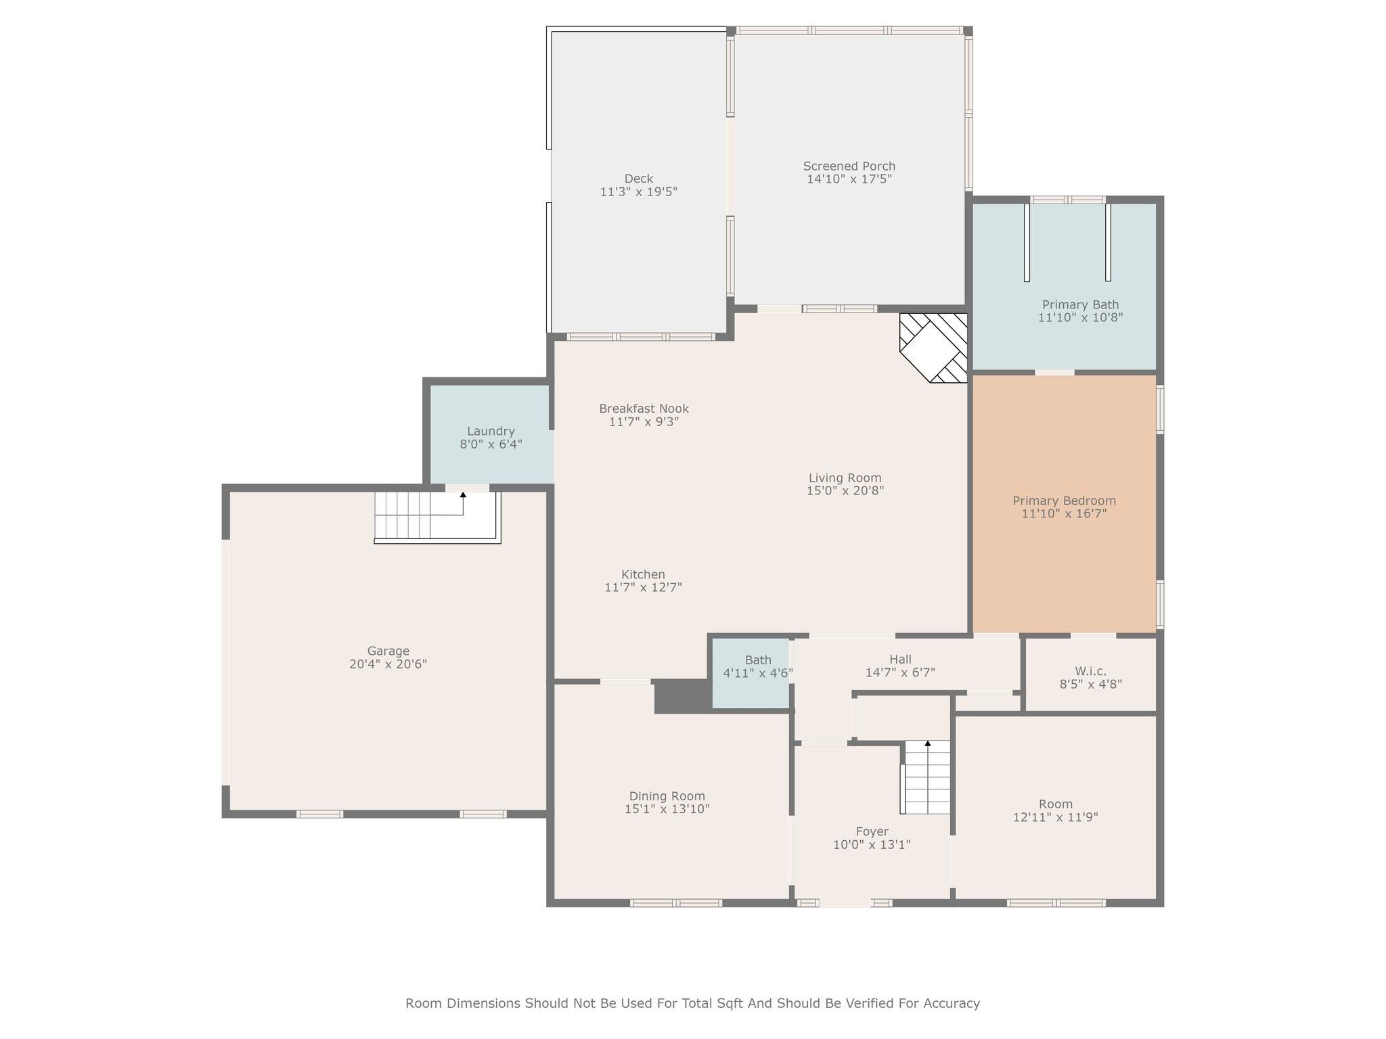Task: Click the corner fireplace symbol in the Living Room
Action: [933, 348]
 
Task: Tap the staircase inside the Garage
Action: [437, 517]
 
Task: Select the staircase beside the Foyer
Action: [926, 777]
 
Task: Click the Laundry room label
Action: [491, 431]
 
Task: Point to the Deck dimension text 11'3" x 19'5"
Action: [638, 191]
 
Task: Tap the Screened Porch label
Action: [849, 166]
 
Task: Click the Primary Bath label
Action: [1080, 304]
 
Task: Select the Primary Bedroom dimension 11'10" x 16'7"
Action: [1064, 513]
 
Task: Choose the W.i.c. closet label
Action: [1090, 671]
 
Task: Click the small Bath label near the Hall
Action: [758, 660]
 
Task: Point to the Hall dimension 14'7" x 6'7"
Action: [900, 672]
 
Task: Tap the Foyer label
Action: [872, 831]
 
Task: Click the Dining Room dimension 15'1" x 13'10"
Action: [667, 808]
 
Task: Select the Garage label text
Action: [388, 651]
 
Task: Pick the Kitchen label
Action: [643, 574]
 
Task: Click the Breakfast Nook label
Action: [644, 409]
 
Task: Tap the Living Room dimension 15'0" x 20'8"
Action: [845, 490]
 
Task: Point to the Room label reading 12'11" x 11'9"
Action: [1055, 816]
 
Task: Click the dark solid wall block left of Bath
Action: [681, 695]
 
